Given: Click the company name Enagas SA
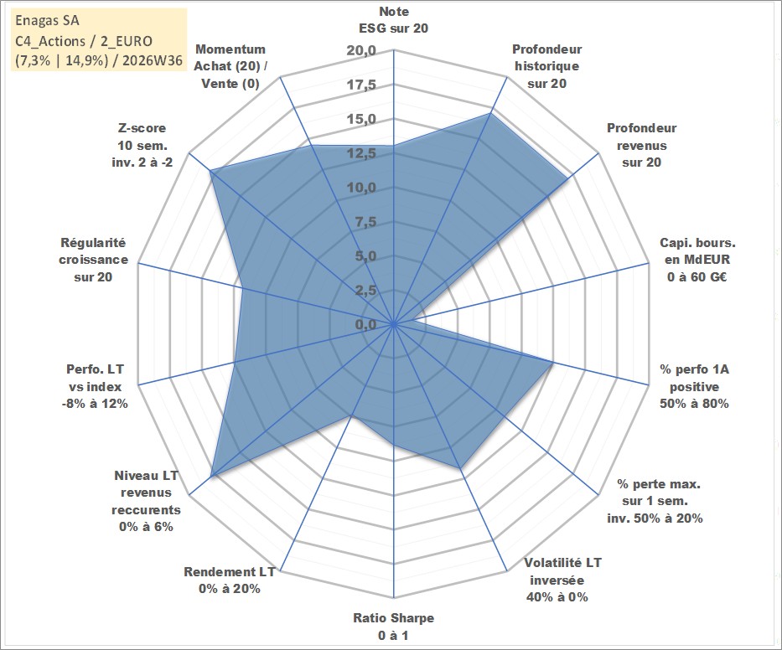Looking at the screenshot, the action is pyautogui.click(x=47, y=21).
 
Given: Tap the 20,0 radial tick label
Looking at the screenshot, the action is pyautogui.click(x=361, y=51).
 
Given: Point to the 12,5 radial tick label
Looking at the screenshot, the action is pyautogui.click(x=361, y=153).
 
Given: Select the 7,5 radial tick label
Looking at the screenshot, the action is pyautogui.click(x=365, y=222).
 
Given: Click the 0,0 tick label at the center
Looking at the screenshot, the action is pyautogui.click(x=365, y=324).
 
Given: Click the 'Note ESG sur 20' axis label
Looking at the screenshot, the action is pyautogui.click(x=393, y=20).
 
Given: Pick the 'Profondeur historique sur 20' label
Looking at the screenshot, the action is pyautogui.click(x=546, y=66).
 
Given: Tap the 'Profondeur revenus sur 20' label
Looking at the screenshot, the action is pyautogui.click(x=641, y=145).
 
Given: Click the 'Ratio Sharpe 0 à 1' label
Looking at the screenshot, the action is pyautogui.click(x=393, y=627).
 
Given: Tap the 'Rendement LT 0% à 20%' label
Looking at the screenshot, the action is pyautogui.click(x=230, y=580).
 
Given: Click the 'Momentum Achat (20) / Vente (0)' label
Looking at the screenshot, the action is pyautogui.click(x=230, y=66).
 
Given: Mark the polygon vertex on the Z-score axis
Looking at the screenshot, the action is pyautogui.click(x=210, y=171).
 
